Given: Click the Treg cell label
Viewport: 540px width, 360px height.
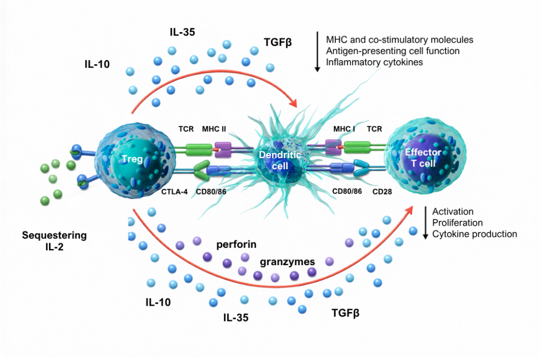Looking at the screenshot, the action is (x=132, y=159).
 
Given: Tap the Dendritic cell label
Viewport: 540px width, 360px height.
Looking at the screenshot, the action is (x=279, y=160).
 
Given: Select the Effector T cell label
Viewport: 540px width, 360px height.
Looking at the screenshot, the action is (x=423, y=158).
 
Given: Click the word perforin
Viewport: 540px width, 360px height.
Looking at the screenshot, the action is (x=236, y=245).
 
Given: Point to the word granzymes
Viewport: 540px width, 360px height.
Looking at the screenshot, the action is (x=287, y=262).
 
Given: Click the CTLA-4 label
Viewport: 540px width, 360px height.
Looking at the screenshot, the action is (x=174, y=192).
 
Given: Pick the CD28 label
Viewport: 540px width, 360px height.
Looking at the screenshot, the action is (x=382, y=192).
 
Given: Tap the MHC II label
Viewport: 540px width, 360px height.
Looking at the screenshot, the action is (x=214, y=129).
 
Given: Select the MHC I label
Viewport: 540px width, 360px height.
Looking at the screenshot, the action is (x=344, y=129).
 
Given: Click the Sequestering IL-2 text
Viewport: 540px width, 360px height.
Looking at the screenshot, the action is (x=54, y=241).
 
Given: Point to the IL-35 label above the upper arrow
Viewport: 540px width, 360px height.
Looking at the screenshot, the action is (x=182, y=32).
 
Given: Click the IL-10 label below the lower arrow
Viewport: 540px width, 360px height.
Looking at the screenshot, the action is (x=158, y=302).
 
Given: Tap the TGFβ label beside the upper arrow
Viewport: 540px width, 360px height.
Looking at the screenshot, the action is (x=277, y=42).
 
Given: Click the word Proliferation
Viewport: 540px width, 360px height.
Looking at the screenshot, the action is (x=457, y=222).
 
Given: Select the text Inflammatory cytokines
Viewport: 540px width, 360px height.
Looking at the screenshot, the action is (x=374, y=62).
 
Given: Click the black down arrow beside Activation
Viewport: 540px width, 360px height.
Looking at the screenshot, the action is (x=426, y=222).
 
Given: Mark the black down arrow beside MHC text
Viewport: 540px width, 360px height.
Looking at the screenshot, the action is (x=317, y=52).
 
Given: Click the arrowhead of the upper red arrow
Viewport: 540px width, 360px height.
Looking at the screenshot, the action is (x=293, y=102).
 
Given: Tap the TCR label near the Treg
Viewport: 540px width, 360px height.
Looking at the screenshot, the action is (x=186, y=129).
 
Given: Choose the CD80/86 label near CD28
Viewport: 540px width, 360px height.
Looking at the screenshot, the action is (x=347, y=191).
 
